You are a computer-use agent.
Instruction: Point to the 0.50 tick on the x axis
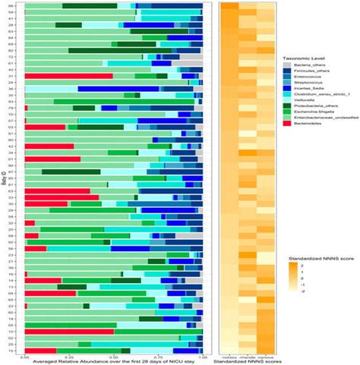[x=114, y=354]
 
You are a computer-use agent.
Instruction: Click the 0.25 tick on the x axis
[x=69, y=354]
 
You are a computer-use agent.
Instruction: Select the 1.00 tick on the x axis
[x=202, y=354]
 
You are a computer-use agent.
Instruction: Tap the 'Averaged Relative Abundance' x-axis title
[x=114, y=360]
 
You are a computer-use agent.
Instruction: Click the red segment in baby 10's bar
[x=69, y=332]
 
